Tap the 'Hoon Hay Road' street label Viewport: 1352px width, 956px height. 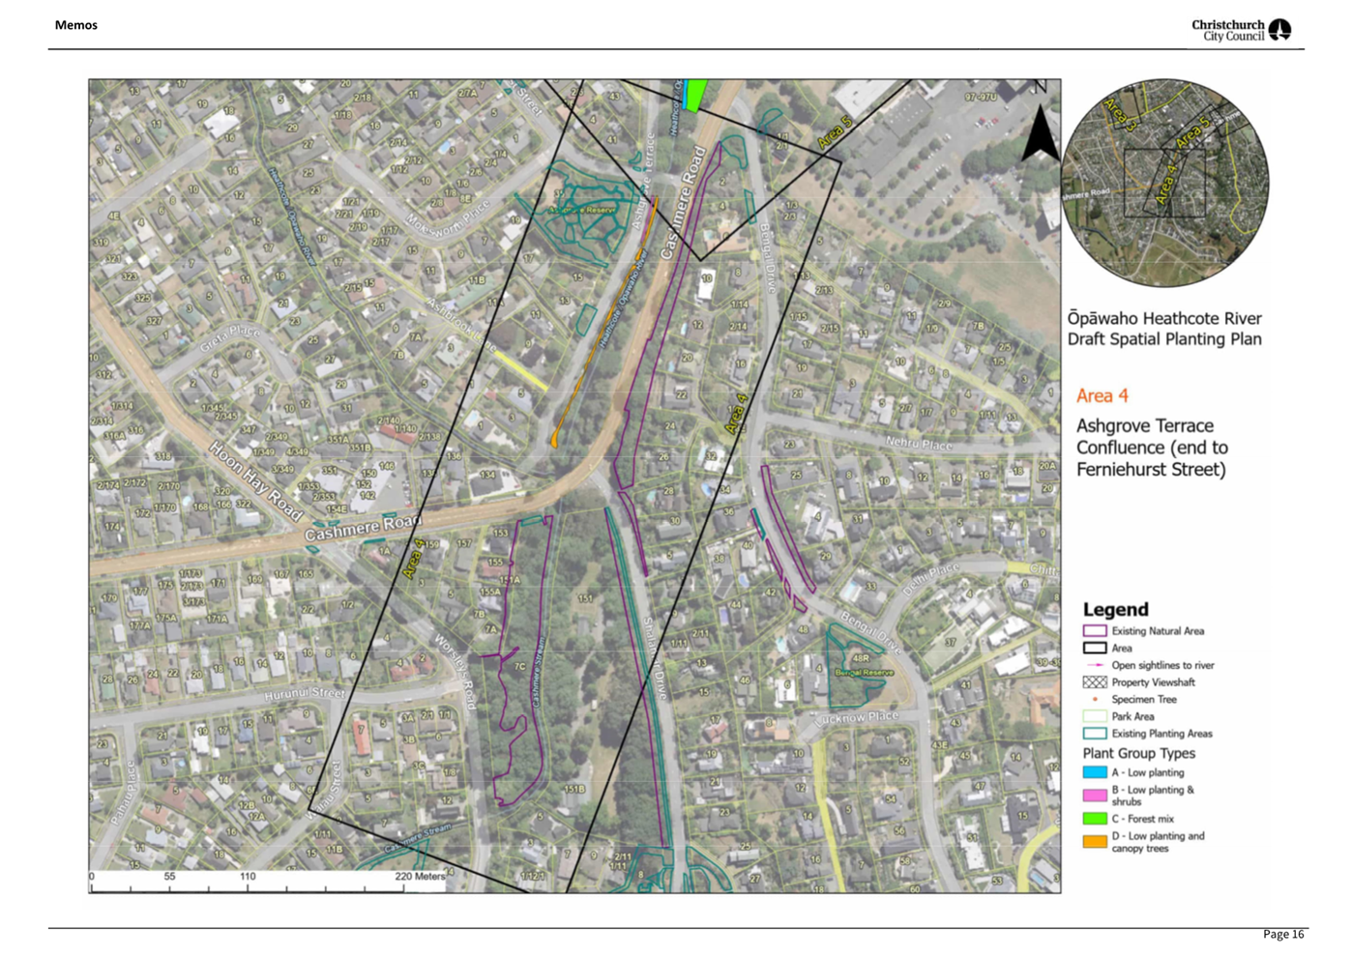point(255,480)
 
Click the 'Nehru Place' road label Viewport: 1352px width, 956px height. point(919,444)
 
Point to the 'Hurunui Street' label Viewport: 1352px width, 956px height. point(305,693)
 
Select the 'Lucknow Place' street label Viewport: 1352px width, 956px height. point(857,717)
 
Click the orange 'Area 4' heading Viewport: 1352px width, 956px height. point(1102,395)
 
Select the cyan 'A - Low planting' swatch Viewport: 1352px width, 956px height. point(1094,772)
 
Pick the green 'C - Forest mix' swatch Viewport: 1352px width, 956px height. point(1094,818)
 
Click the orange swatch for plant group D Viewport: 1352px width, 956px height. point(1094,841)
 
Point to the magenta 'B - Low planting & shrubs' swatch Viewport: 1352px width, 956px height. point(1094,795)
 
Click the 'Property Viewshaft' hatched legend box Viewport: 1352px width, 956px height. point(1094,682)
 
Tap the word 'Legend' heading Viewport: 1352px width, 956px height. point(1115,609)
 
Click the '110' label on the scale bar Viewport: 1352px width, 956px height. point(248,877)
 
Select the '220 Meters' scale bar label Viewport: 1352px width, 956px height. point(420,877)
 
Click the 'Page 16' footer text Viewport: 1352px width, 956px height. point(1282,934)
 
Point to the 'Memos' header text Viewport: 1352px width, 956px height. point(76,25)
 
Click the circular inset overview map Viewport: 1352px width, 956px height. point(1164,183)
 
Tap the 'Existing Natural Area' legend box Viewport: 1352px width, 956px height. point(1094,631)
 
